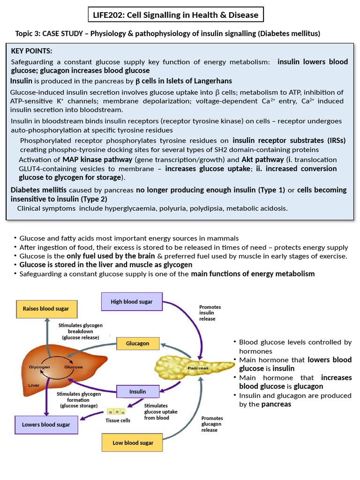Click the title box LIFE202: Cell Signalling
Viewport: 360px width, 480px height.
click(176, 15)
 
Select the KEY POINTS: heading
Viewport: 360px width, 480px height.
click(32, 51)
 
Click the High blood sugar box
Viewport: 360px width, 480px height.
click(131, 301)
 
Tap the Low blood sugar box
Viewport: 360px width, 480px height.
click(133, 442)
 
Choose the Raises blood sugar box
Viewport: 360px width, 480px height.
click(46, 308)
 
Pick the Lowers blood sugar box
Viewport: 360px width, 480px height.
click(46, 425)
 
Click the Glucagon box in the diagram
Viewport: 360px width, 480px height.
click(137, 343)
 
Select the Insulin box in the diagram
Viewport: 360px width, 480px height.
click(137, 391)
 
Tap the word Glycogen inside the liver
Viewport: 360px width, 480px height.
click(40, 367)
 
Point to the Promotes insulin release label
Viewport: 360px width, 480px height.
click(210, 313)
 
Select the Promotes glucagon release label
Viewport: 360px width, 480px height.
click(212, 424)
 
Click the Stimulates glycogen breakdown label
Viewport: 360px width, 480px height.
click(80, 331)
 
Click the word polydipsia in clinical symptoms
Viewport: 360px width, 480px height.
click(206, 208)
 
